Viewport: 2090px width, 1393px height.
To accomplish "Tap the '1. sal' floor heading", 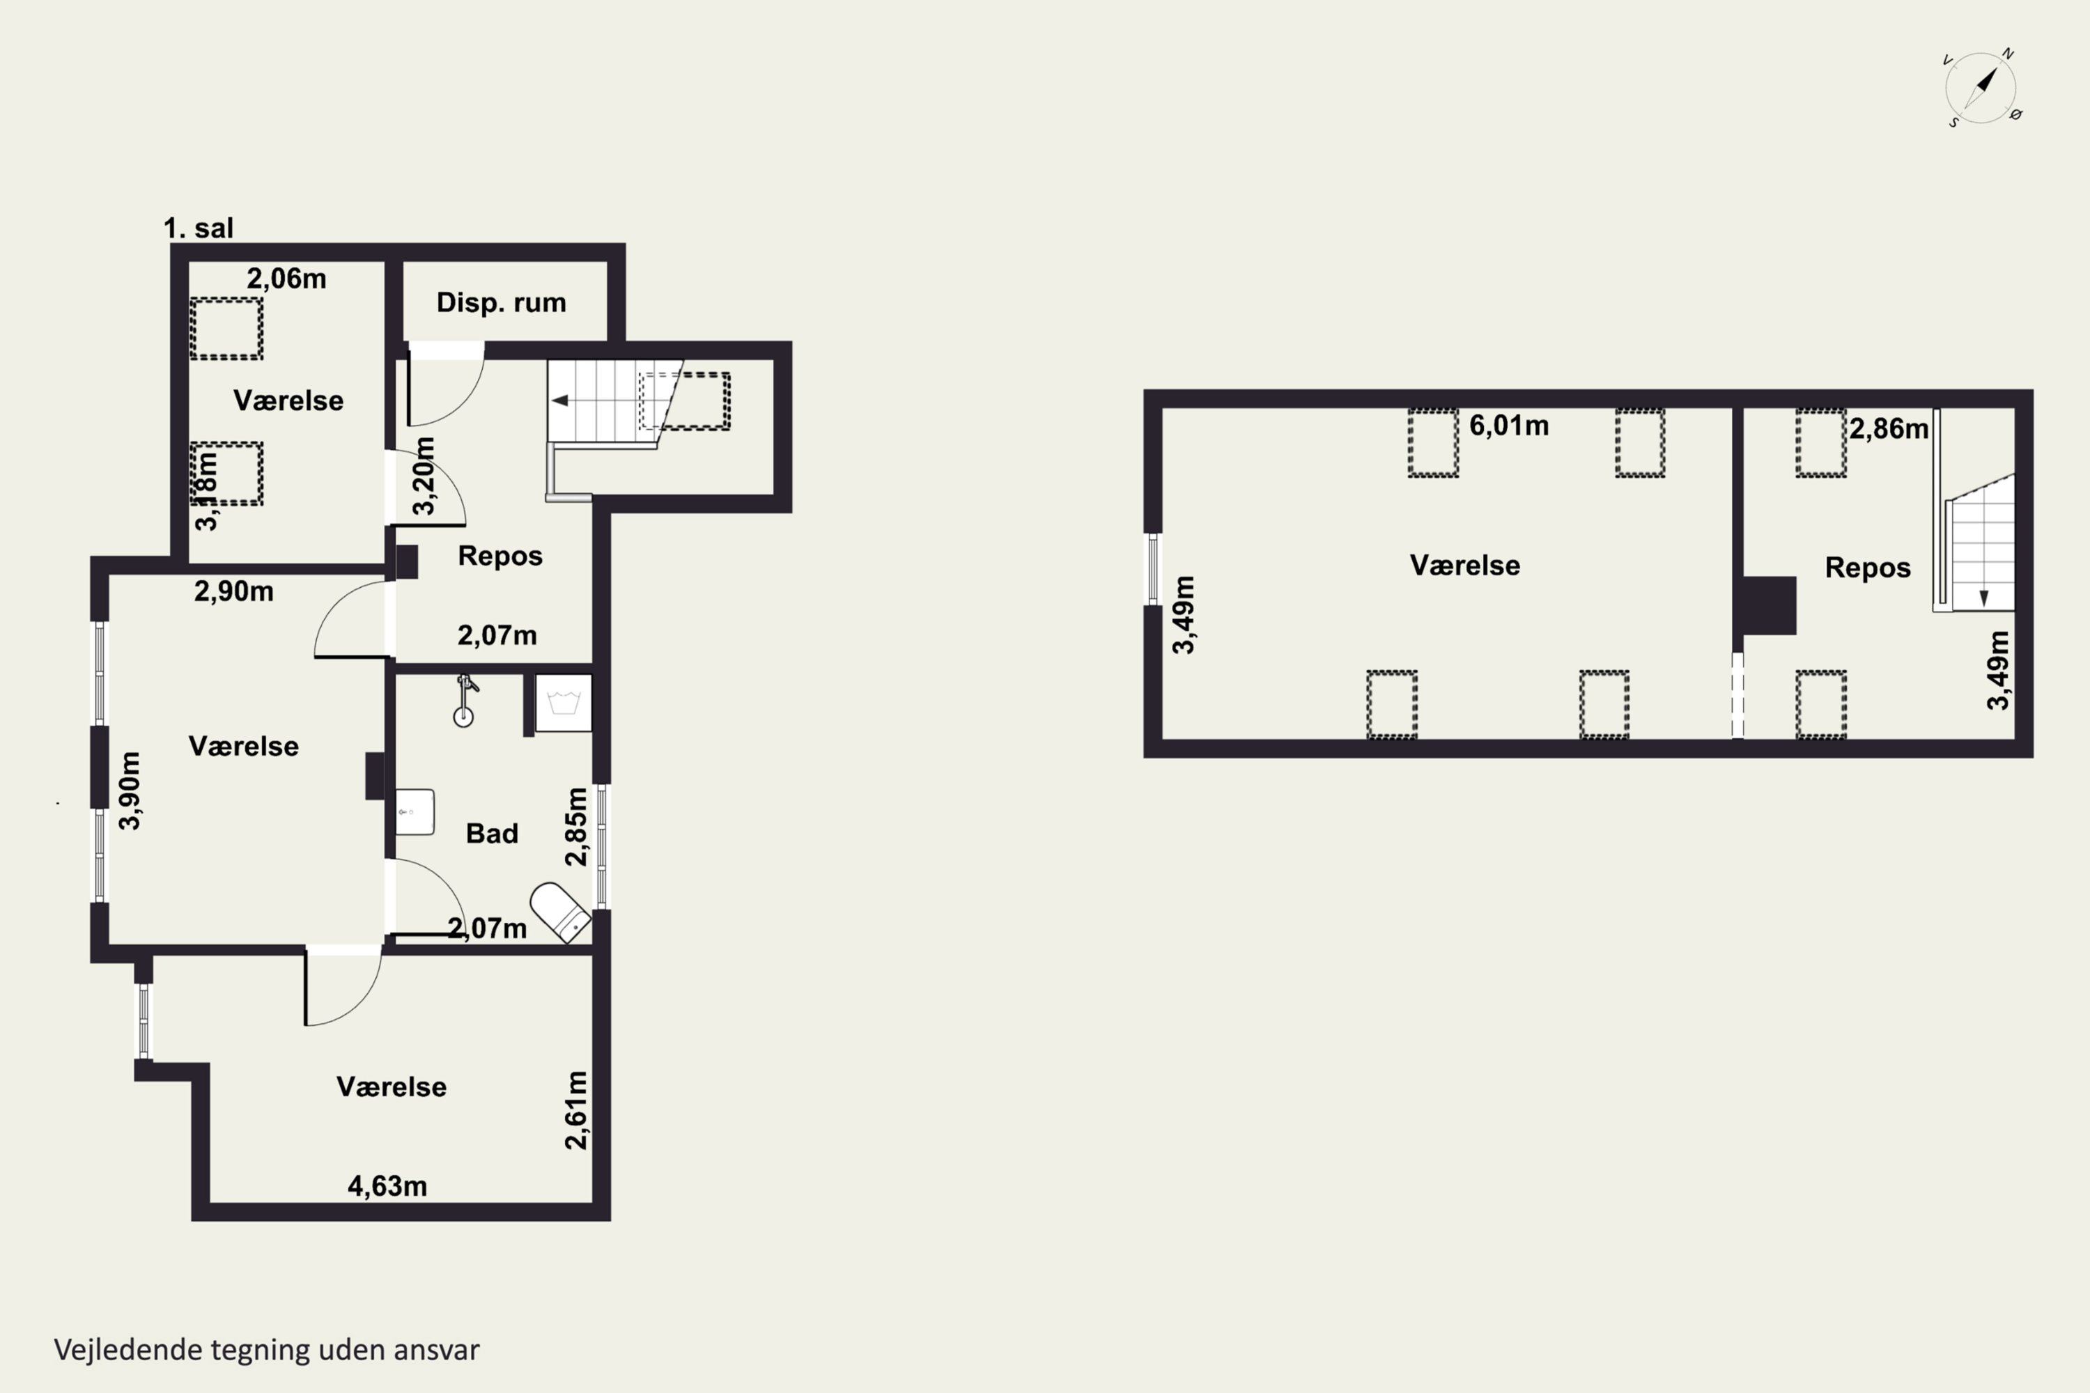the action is point(198,228).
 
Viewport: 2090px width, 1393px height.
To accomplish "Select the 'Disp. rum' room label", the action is point(501,303).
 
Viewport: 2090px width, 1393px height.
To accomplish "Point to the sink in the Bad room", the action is point(414,812).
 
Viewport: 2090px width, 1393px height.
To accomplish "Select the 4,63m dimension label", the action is point(387,1186).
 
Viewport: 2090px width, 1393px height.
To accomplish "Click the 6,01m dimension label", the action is point(1509,426).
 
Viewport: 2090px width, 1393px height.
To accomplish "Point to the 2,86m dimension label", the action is point(1889,429).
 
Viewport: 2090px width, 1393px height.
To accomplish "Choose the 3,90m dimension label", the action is point(130,791).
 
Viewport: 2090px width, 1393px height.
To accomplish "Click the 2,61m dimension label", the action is point(576,1110).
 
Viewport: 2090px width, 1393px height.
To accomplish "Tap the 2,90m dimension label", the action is point(233,591).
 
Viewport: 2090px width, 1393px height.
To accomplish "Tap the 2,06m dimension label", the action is point(286,279).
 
